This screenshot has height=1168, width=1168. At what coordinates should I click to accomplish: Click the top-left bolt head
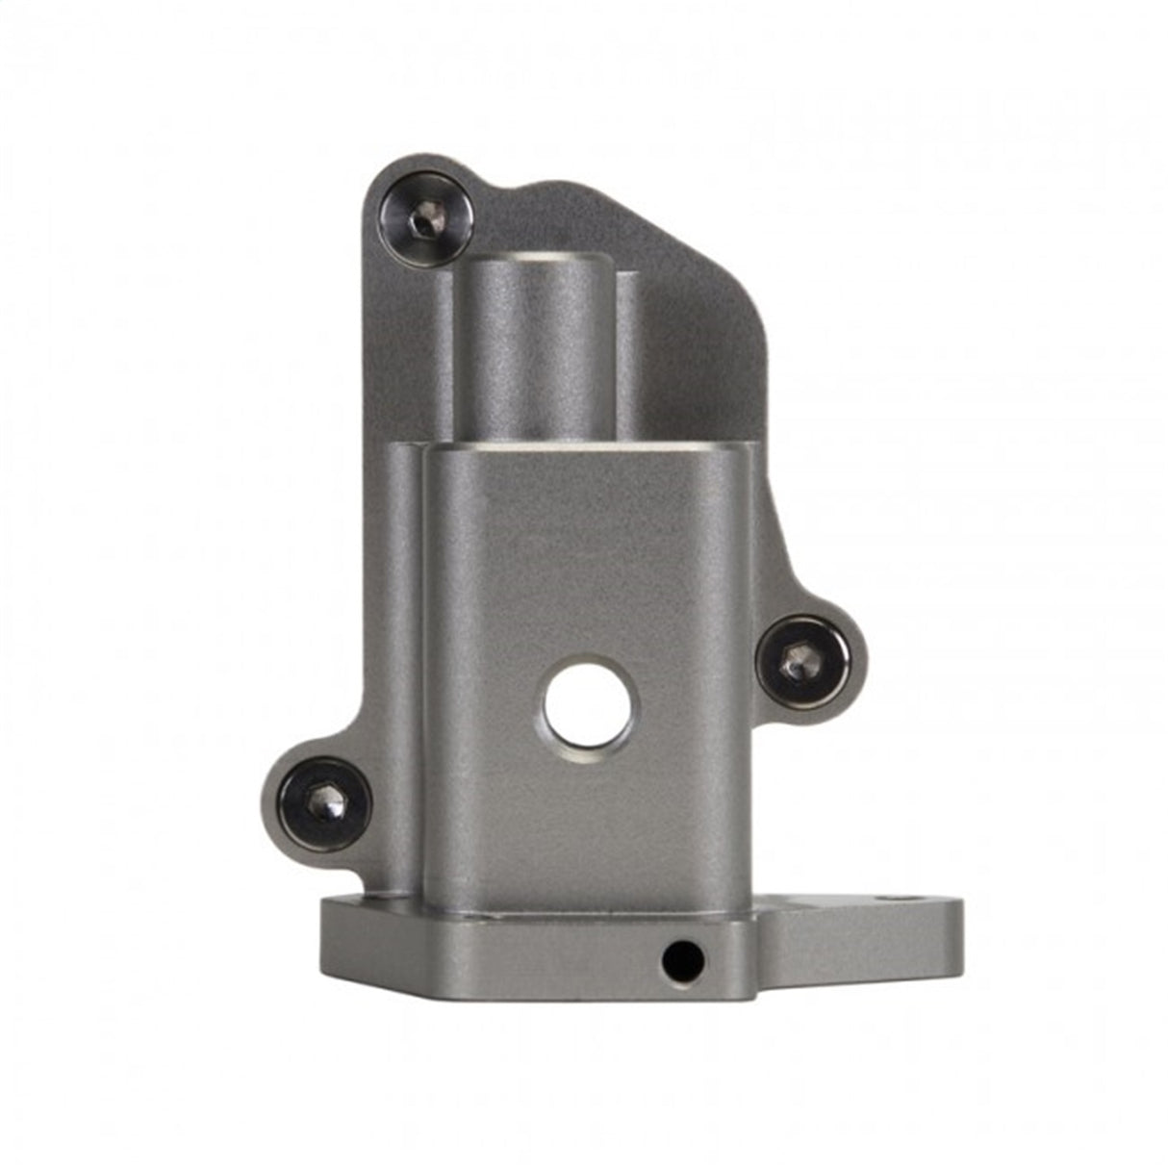click(x=425, y=219)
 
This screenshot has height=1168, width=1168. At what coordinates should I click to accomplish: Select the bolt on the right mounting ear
click(x=803, y=661)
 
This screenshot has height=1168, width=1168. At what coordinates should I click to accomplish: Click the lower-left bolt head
click(x=325, y=803)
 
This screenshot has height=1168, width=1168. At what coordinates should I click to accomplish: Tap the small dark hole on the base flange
click(x=682, y=959)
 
